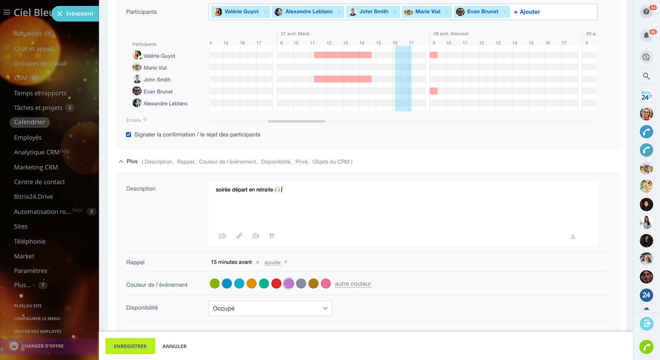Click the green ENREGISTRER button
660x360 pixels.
pos(130,346)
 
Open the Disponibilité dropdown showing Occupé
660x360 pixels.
pos(270,308)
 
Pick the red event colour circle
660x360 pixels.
pos(276,284)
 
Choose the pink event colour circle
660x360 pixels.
pos(326,284)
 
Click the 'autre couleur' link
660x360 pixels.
pos(353,284)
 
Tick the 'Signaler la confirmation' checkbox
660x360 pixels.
pos(129,134)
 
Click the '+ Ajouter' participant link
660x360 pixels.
pos(527,12)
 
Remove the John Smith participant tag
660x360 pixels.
pos(395,12)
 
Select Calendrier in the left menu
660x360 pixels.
pos(30,122)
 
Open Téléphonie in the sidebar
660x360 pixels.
pos(30,241)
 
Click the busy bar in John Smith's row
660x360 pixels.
pos(342,79)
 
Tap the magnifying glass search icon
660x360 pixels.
pos(646,76)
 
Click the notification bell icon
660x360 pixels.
pos(646,35)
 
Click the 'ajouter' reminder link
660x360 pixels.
pos(273,262)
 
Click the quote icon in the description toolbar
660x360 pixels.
pos(272,236)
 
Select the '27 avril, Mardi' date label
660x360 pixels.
pos(295,34)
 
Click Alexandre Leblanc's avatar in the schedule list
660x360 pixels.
pos(137,103)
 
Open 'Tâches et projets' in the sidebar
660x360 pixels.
pos(38,108)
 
